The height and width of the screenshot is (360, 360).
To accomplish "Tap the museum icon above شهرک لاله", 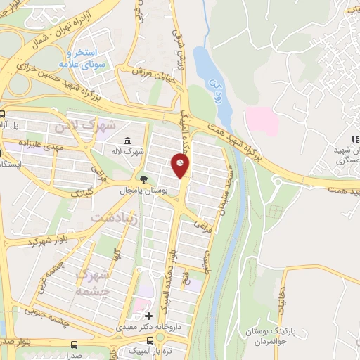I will (x=127, y=140).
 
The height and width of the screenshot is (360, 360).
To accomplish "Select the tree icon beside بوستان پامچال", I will (x=144, y=179).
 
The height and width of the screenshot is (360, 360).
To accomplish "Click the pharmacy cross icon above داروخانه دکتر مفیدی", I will (x=148, y=316).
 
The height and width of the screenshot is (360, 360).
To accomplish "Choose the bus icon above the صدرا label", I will (x=74, y=345).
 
